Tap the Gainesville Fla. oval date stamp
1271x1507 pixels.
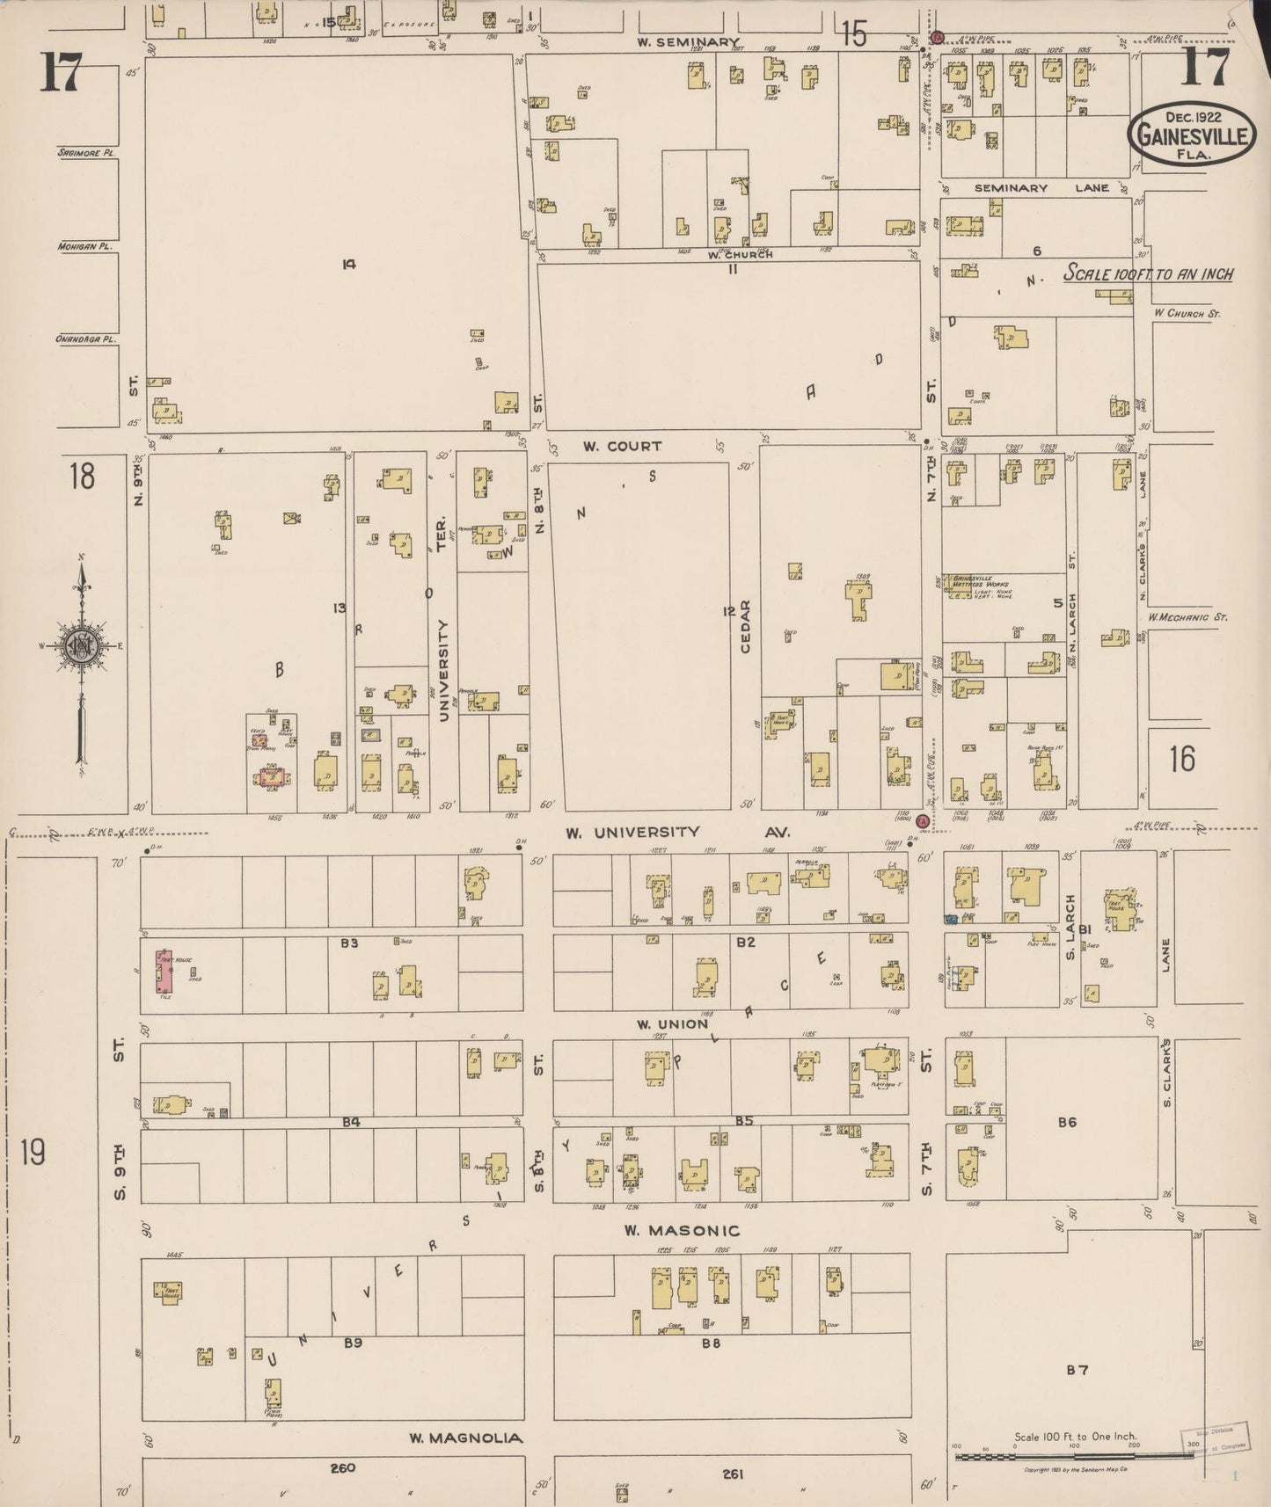tap(1193, 134)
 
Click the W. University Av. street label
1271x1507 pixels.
tap(677, 832)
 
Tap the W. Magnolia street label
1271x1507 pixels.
tap(465, 1438)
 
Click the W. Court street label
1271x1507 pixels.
tap(622, 447)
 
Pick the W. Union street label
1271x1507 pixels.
tap(672, 1024)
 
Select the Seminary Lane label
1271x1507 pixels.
tap(1011, 188)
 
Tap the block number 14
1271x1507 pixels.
tap(349, 263)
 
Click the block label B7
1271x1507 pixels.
tap(1077, 1369)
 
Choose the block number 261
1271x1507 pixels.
tap(732, 1474)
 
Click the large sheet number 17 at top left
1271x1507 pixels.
tap(59, 72)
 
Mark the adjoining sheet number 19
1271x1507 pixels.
tap(33, 1151)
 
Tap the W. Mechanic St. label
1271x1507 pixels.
tap(1187, 617)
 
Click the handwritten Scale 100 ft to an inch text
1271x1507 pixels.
tap(1148, 274)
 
